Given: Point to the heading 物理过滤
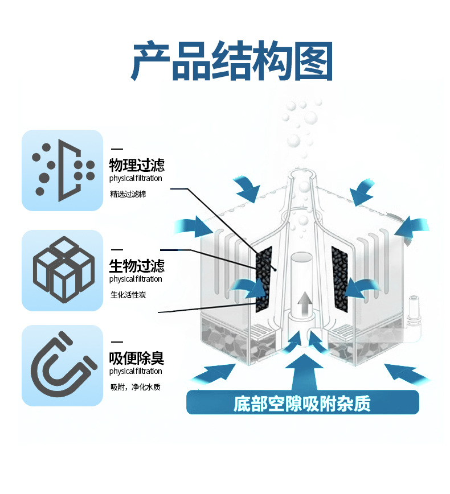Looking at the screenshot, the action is coord(137,166).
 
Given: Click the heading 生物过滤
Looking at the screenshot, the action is coord(137,266).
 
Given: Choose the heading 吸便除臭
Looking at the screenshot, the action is coord(137,358).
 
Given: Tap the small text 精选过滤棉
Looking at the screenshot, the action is coord(128,194).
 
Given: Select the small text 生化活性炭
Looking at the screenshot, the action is coord(128,294).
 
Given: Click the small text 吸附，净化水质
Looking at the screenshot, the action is coord(136,388).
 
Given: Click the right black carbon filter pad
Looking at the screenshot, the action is coord(339,278).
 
